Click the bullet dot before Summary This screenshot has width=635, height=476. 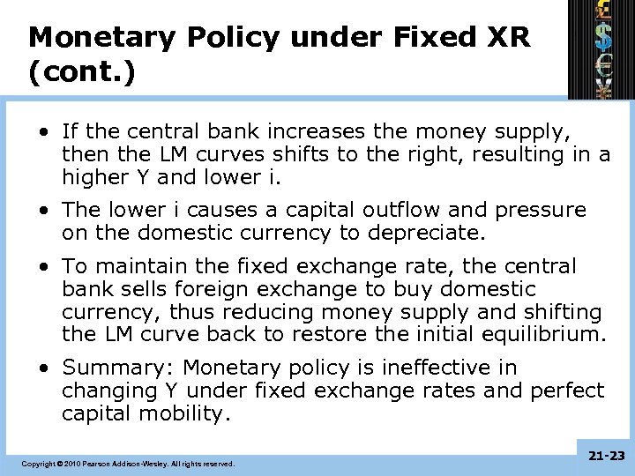(43, 368)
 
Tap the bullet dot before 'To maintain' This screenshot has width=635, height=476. (43, 266)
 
